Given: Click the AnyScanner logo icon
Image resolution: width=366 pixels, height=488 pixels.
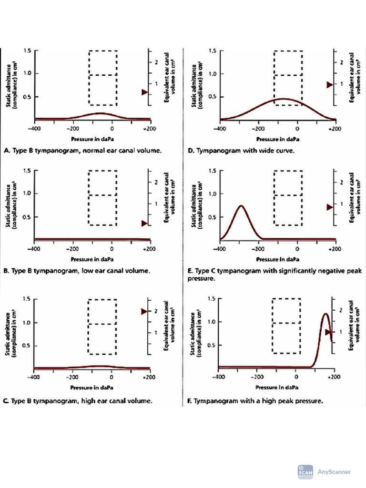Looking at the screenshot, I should [x=305, y=471].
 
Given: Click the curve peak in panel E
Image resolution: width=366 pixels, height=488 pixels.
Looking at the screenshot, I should [x=242, y=206].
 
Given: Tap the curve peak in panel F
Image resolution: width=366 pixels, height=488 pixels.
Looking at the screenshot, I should [x=325, y=314].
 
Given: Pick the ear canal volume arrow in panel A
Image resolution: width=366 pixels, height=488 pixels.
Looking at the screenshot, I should [x=145, y=92].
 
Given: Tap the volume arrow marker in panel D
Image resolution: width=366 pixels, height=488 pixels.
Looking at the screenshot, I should [x=329, y=84].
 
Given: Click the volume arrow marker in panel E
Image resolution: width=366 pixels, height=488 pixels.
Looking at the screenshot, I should [x=329, y=207].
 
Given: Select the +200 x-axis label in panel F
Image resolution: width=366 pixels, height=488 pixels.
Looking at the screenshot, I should [x=334, y=376].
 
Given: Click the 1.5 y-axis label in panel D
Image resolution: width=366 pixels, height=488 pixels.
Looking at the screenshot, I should [x=213, y=51].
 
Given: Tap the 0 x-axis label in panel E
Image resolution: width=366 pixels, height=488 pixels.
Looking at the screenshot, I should [x=297, y=248].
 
